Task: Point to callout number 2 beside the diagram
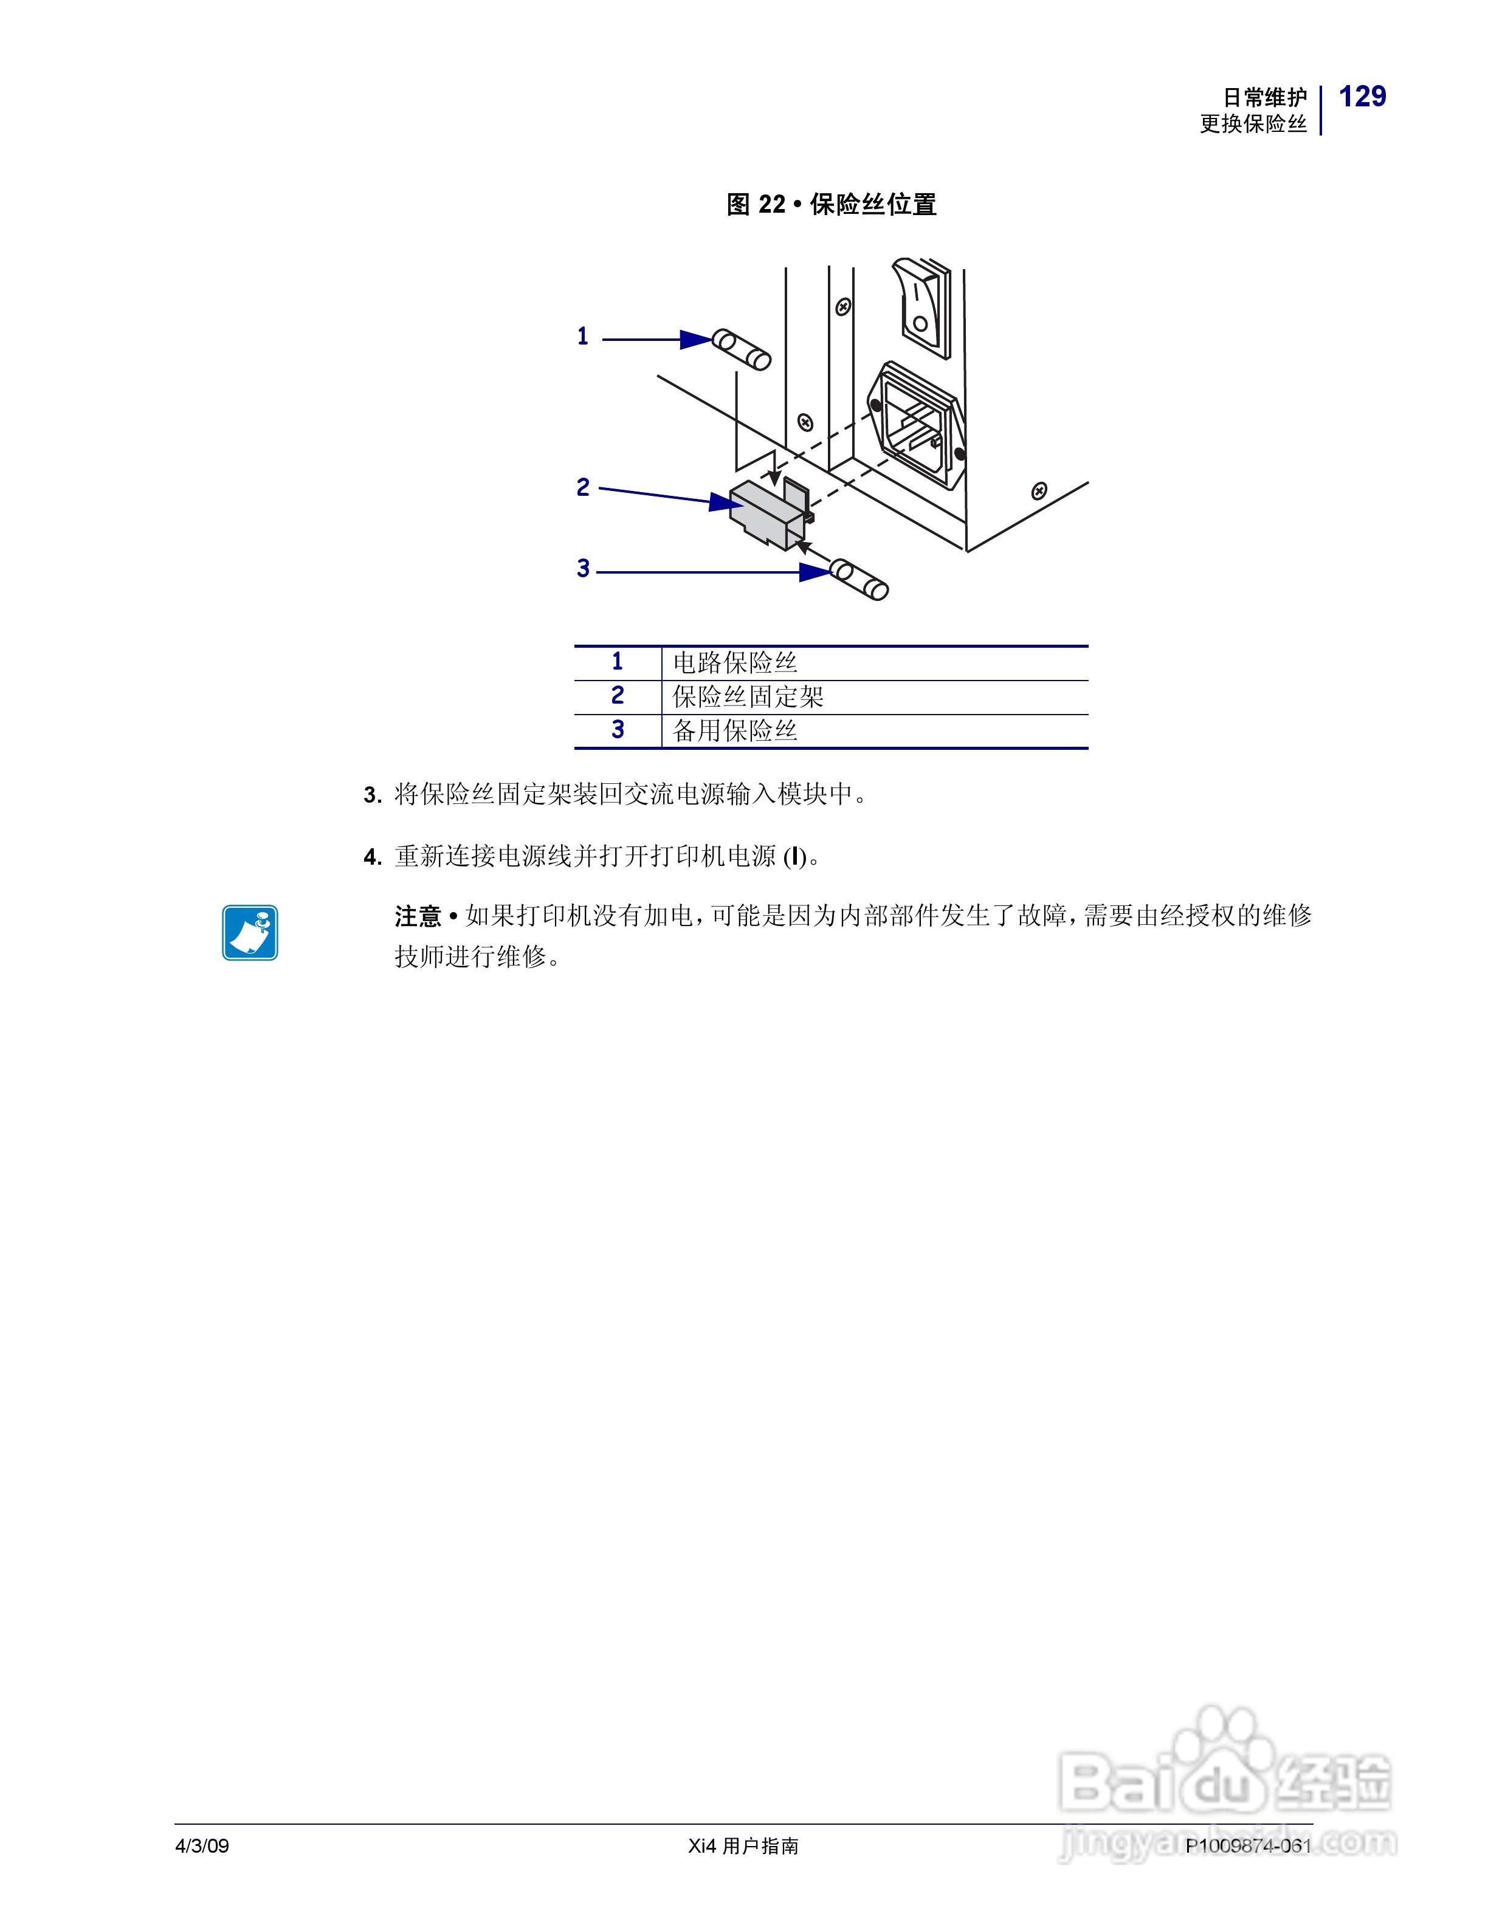click(583, 487)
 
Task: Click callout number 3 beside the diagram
click(583, 569)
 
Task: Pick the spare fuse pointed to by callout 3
click(859, 579)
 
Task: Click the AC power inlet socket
click(917, 424)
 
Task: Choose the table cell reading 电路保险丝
click(735, 663)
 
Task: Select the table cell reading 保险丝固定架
click(748, 697)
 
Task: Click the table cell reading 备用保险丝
click(735, 731)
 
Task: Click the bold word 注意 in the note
click(417, 917)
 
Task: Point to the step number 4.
click(372, 857)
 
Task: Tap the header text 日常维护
click(1264, 97)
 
